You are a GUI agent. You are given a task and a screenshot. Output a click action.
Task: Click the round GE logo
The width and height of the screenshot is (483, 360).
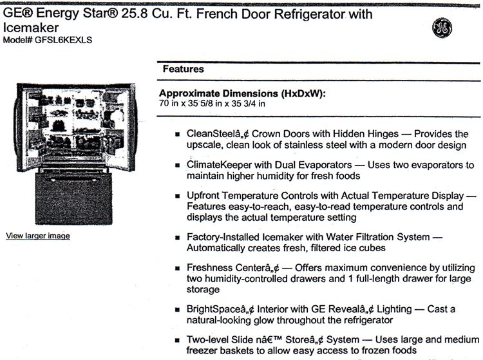(x=442, y=26)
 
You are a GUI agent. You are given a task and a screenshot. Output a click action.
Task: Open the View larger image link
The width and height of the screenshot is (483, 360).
(x=38, y=236)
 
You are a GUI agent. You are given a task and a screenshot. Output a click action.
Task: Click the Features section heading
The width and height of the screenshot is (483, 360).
(x=183, y=68)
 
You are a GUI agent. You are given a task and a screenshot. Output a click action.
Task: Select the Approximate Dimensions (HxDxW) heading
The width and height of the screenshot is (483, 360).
(x=243, y=93)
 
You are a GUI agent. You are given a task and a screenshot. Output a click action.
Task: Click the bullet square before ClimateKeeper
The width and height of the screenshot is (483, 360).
(x=176, y=166)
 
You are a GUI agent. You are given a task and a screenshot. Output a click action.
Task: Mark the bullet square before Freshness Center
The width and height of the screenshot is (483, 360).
(x=176, y=269)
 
